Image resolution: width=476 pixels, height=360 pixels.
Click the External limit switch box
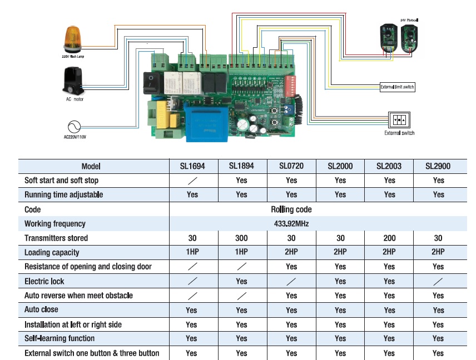[x=397, y=87]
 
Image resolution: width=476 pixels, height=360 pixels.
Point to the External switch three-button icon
[x=399, y=120]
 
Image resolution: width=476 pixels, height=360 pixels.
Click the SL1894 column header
[x=241, y=166]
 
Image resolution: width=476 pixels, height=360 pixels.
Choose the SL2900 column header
[x=438, y=166]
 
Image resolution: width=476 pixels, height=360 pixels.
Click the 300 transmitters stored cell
[x=241, y=238]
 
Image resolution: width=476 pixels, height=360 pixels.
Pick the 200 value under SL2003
[x=389, y=238]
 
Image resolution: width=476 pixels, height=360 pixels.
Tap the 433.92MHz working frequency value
[x=291, y=224]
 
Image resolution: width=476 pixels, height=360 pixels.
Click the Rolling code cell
[x=291, y=209]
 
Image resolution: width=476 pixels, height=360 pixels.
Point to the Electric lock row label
[x=44, y=282]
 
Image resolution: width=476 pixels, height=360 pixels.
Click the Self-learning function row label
[x=59, y=338]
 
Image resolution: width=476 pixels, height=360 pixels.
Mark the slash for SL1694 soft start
[x=192, y=181]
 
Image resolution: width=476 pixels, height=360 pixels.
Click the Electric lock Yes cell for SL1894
[x=241, y=282]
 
